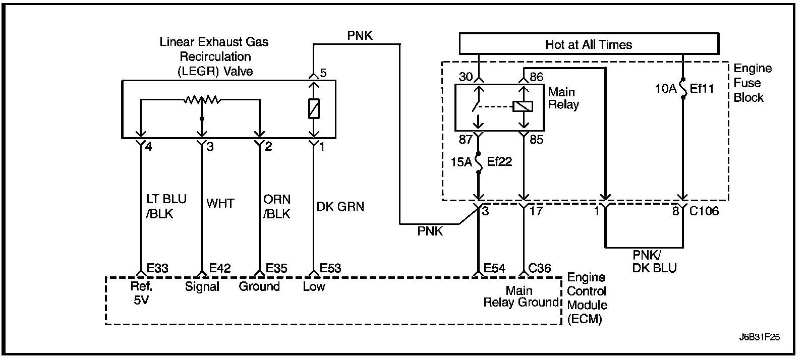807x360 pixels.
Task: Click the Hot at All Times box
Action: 589,44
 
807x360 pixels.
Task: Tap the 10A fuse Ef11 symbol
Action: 683,89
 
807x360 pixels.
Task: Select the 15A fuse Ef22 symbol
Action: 479,163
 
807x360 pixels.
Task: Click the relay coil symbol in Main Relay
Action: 523,106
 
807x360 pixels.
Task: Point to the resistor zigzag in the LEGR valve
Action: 202,99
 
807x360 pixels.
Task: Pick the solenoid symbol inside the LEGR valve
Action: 314,108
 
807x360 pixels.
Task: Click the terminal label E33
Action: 157,268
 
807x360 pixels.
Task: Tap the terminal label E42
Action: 220,268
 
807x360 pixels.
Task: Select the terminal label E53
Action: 330,268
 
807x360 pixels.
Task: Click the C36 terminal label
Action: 539,268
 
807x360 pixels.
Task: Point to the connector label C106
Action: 704,211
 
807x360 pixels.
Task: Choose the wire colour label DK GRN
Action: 340,207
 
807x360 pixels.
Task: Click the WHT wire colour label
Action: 220,203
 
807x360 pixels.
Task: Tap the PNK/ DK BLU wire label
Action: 654,262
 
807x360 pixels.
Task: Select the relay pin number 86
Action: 537,77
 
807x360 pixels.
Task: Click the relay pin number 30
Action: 466,77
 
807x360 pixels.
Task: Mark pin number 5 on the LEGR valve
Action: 323,73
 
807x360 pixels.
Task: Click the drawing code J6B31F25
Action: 760,337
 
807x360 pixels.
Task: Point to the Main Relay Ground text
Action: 521,296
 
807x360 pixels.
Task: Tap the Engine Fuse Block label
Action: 753,83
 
